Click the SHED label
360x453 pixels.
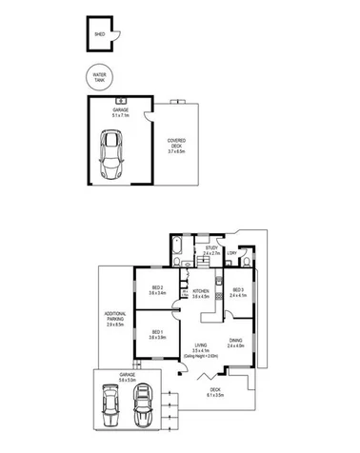pos(98,33)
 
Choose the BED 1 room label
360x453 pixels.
pos(157,333)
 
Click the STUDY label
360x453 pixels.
pos(211,249)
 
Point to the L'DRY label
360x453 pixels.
pos(231,252)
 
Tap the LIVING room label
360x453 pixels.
pos(200,346)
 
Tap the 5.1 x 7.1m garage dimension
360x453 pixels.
pos(121,114)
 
